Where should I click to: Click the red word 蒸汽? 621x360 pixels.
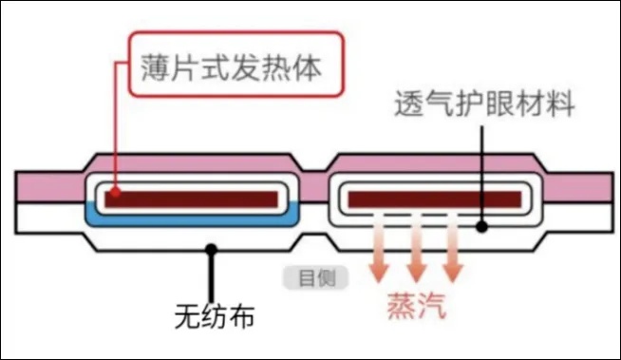(416, 305)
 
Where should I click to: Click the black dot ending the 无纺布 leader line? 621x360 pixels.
(211, 250)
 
